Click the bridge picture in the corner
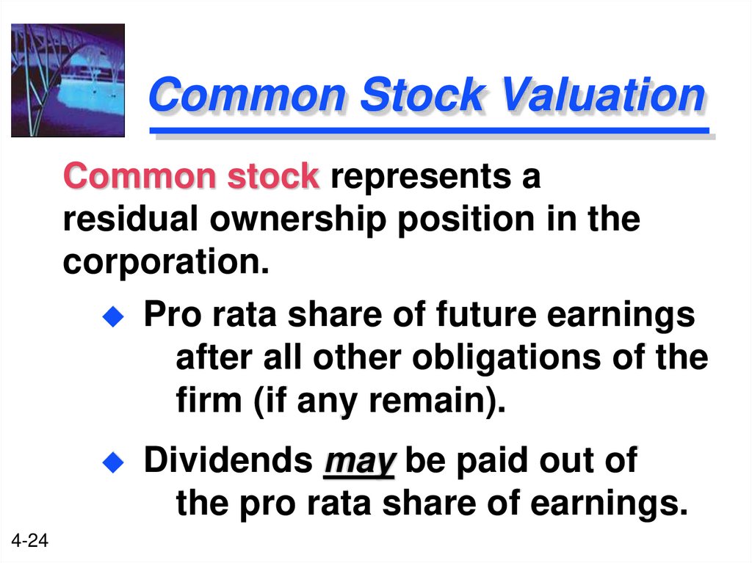(68, 80)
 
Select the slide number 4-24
(29, 541)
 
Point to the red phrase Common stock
(192, 177)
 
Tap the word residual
(129, 219)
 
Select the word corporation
(165, 262)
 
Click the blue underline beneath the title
(429, 132)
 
